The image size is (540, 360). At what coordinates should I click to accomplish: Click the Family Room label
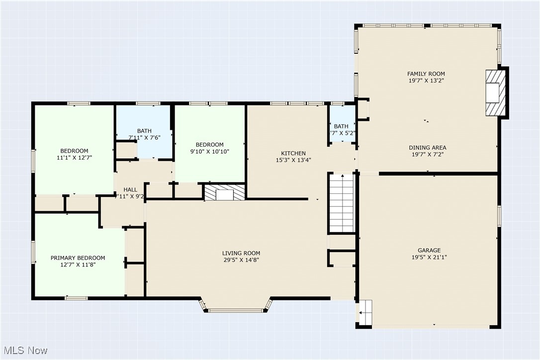pos(426,74)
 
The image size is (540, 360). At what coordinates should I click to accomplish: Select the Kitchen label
pos(293,153)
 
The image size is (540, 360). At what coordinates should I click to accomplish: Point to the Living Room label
pos(241,253)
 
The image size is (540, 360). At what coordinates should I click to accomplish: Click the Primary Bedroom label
pos(78,258)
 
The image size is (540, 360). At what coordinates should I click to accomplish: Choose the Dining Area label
pos(427,148)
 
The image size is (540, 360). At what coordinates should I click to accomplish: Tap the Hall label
pos(130,189)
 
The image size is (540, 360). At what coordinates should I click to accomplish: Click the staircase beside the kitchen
pos(342,203)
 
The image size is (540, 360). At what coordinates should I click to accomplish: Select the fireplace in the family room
pos(496,92)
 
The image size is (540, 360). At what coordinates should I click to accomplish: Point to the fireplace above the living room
pos(225,193)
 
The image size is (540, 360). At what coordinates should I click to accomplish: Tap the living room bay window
pos(237,307)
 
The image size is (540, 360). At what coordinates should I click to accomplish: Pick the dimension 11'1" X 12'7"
pos(74,158)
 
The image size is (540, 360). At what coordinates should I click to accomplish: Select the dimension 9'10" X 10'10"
pos(209,151)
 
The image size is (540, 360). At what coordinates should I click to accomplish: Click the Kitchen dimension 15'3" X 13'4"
pos(293,160)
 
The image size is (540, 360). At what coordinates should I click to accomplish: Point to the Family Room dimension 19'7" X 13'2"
pos(426,80)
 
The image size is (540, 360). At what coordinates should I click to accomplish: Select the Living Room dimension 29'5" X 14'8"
pos(241,260)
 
